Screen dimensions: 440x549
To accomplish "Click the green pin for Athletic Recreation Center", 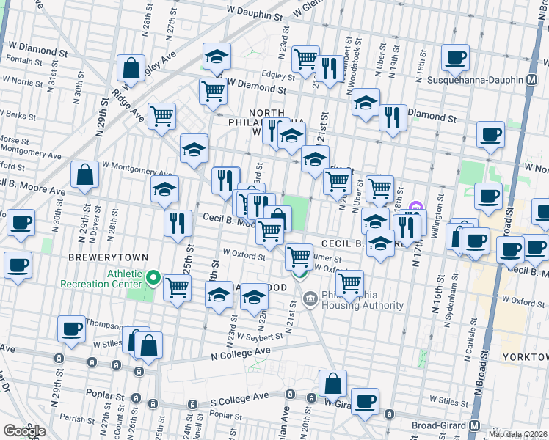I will (153, 278).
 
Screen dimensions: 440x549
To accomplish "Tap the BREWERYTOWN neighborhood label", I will (109, 257).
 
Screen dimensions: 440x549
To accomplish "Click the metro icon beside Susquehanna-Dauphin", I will (541, 78).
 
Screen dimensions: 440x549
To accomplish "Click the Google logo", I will (24, 430).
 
